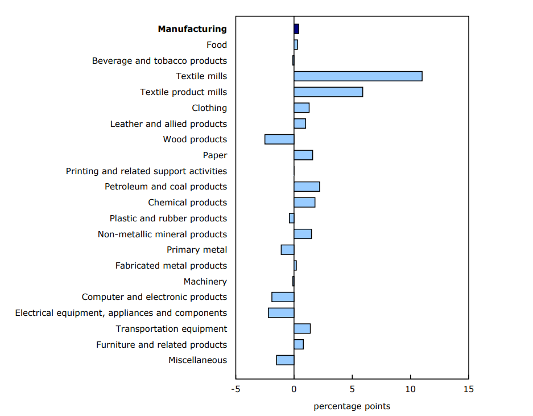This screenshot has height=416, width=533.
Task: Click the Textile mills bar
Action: pyautogui.click(x=358, y=76)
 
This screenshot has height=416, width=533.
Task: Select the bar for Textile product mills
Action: pyautogui.click(x=328, y=92)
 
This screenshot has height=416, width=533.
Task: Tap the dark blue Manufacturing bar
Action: pyautogui.click(x=296, y=29)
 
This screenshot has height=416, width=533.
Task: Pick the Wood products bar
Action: pyautogui.click(x=279, y=139)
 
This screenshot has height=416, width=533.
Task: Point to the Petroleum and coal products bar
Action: pyautogui.click(x=307, y=187)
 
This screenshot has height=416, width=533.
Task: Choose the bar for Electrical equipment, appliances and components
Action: pyautogui.click(x=281, y=313)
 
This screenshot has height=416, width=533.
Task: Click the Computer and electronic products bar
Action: pyautogui.click(x=283, y=297)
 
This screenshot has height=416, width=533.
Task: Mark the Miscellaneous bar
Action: pyautogui.click(x=285, y=360)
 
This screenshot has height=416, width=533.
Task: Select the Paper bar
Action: pyautogui.click(x=303, y=155)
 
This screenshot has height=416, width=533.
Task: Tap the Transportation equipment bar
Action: pyautogui.click(x=302, y=329)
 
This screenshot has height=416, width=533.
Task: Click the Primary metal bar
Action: pyautogui.click(x=287, y=250)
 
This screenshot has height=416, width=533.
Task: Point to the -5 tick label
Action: pyautogui.click(x=235, y=390)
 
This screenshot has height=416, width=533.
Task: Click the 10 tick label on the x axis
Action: pyautogui.click(x=410, y=390)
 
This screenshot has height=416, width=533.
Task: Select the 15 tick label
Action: pyautogui.click(x=468, y=390)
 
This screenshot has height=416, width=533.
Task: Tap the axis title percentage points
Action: pyautogui.click(x=352, y=406)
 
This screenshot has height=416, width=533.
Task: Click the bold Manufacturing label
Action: pyautogui.click(x=192, y=29)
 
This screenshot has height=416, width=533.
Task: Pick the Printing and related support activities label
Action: pyautogui.click(x=146, y=171)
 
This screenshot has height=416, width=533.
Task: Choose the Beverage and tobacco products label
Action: pyautogui.click(x=159, y=61)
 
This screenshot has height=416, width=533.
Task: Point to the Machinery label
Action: pyautogui.click(x=205, y=282)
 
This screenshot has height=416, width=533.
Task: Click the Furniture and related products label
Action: pyautogui.click(x=162, y=345)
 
